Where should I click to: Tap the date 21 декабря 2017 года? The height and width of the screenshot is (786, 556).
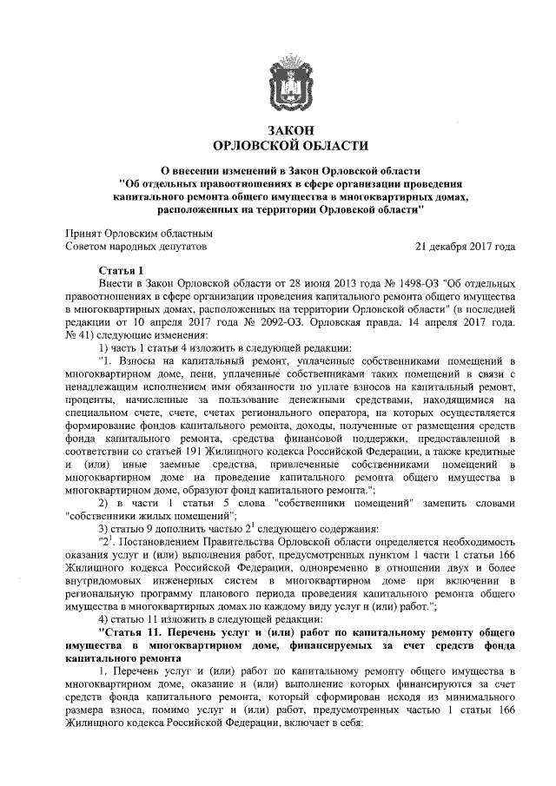(x=467, y=247)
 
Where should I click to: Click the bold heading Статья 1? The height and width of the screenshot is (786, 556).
(x=121, y=271)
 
